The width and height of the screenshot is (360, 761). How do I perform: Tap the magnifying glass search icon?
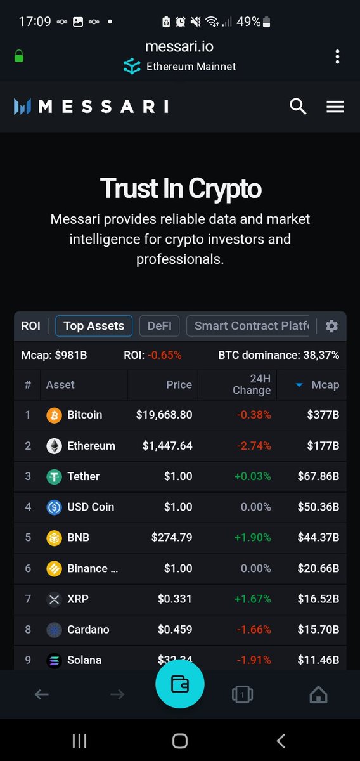coord(298,106)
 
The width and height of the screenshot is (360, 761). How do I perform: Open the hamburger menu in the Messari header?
coord(335,107)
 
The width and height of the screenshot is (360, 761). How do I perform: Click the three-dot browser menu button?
coord(337,56)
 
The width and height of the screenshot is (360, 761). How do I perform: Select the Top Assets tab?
coord(94,326)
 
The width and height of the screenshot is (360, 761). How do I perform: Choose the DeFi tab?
coord(159,326)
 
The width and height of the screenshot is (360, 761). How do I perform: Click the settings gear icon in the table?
coord(331,326)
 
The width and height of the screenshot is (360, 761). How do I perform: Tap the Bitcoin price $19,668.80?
coord(164,415)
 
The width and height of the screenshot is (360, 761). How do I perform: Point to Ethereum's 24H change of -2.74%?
coord(254,446)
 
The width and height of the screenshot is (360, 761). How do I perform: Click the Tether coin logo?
coord(54,476)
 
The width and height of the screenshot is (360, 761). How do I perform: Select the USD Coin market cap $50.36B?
coord(318,507)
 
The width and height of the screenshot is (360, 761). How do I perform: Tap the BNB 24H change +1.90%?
coord(253,538)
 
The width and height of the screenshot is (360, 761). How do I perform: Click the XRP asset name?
coord(78,599)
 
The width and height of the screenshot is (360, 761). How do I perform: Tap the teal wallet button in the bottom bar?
coord(180,684)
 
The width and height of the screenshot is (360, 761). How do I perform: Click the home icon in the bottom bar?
coord(318,695)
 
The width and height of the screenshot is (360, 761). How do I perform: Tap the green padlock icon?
coord(19,56)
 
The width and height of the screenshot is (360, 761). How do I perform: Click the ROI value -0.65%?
coord(165,355)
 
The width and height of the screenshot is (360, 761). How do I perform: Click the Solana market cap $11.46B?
coord(318,660)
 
